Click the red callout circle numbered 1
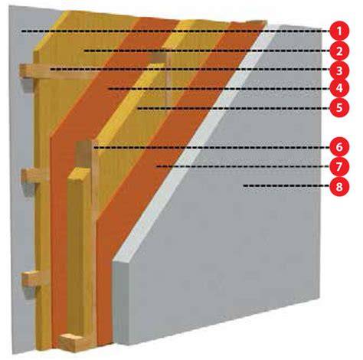coord(339,31)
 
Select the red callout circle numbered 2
coord(339,51)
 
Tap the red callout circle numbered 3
coord(339,70)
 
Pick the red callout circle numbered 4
coord(339,88)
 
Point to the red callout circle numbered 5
coord(339,108)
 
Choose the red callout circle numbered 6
coord(339,147)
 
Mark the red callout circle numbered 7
coord(339,166)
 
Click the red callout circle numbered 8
coord(339,186)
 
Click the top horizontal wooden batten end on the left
coord(27,71)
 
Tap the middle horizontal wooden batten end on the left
coord(28,175)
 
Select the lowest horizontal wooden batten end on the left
coord(29,279)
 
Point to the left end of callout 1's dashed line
coord(22,31)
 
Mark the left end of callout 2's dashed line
coord(85,51)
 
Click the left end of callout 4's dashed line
coord(109,89)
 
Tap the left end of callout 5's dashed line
coord(138,108)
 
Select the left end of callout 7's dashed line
coord(157,167)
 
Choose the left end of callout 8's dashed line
coord(244,186)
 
